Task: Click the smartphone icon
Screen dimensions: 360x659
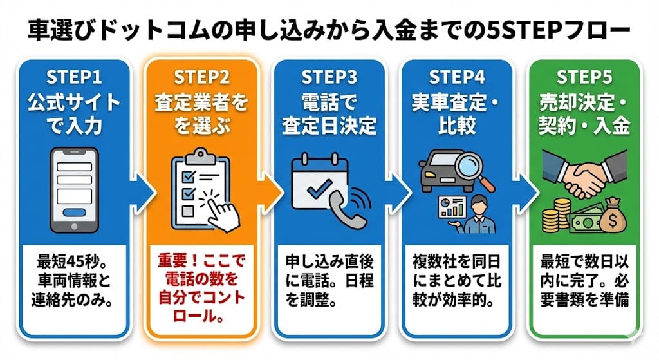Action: click(74, 191)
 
